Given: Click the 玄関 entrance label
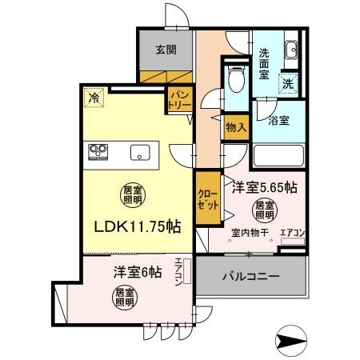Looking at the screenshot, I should [x=166, y=49].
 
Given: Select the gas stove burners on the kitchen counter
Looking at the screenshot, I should [x=99, y=150].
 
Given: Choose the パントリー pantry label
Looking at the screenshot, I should [x=178, y=102].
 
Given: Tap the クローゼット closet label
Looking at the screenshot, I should [x=207, y=200].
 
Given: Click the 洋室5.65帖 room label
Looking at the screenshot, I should [x=265, y=188].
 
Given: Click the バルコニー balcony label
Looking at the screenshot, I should [x=250, y=277].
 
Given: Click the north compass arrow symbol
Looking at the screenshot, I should [x=290, y=338].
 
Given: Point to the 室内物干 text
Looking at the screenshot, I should [x=247, y=234].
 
